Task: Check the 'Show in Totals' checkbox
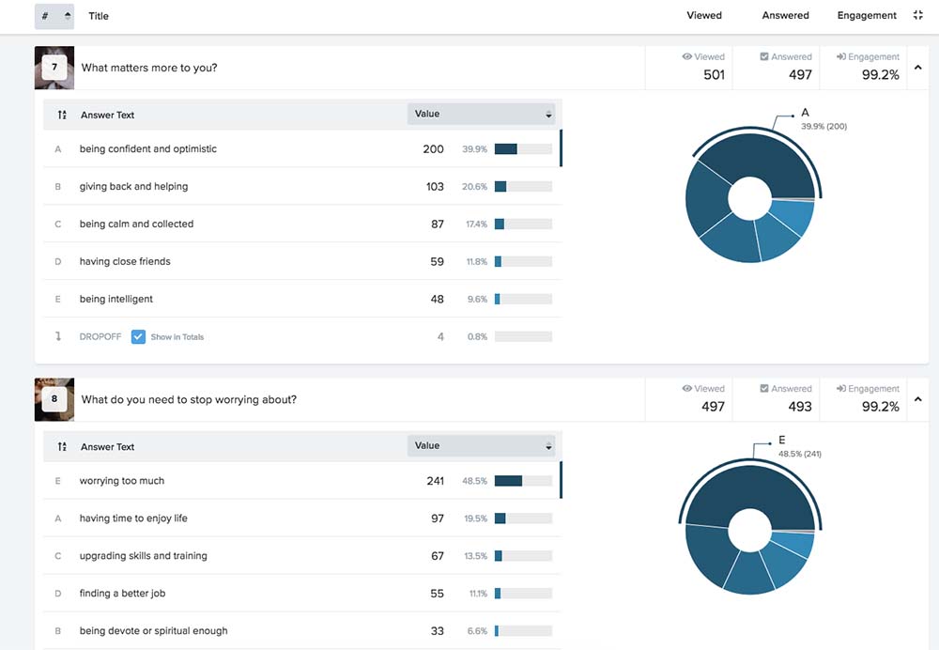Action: pos(138,336)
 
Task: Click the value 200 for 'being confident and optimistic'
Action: pos(433,149)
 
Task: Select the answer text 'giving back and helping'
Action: pos(133,186)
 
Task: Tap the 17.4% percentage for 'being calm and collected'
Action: pos(477,224)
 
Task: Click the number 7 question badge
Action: pos(54,67)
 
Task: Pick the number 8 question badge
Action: pos(54,399)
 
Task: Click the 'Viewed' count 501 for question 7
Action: pos(714,75)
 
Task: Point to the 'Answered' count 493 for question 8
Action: pos(800,407)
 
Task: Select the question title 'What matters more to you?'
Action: pos(149,68)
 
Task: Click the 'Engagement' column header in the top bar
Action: pos(867,16)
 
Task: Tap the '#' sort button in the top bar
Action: pos(54,16)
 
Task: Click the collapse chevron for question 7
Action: pos(918,67)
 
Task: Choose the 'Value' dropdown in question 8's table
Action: pos(482,446)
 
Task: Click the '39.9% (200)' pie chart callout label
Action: pos(824,127)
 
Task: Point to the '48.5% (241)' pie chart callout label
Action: pos(800,454)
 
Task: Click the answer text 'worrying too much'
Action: pos(121,481)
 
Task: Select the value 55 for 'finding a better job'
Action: pos(438,594)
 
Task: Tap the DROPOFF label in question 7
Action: pos(100,336)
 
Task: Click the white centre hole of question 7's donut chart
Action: pos(749,198)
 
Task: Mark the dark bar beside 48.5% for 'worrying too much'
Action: pos(508,481)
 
